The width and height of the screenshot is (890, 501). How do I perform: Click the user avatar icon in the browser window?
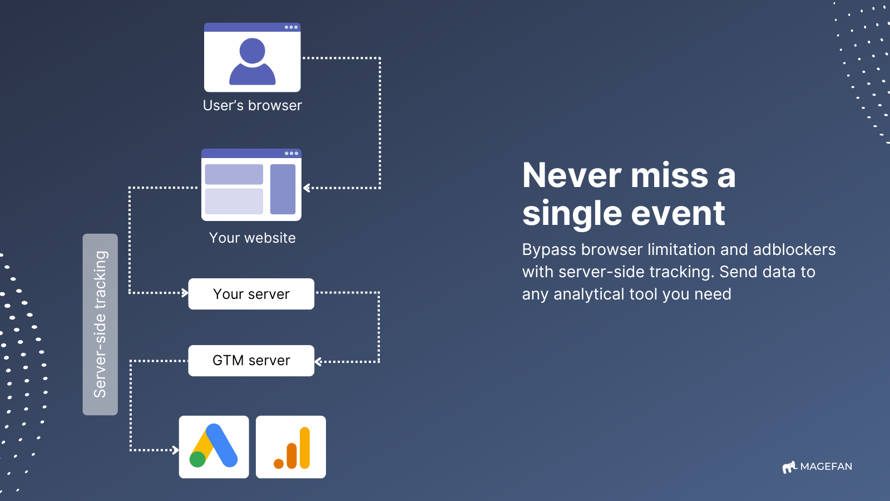pos(253,61)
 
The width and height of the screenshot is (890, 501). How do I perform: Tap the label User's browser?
pos(253,105)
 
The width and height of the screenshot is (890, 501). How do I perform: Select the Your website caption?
pos(253,238)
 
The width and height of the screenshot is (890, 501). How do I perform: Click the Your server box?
pos(251,294)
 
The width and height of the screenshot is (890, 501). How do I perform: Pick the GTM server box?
pos(251,361)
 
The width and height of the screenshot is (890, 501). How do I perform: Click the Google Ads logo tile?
pos(214,447)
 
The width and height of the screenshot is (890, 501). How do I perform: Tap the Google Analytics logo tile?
pos(291,447)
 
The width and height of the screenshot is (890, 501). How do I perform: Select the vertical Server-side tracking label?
pos(100,325)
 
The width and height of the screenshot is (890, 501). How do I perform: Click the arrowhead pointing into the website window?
pos(306,188)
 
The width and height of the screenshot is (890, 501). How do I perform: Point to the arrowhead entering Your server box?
pos(185,293)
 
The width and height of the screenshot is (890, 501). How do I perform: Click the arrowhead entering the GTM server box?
pos(318,362)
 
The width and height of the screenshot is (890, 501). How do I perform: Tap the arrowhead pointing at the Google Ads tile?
pos(175,450)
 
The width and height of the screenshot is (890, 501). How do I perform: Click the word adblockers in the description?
pos(794,250)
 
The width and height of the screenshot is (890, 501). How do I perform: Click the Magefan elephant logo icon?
pos(789,467)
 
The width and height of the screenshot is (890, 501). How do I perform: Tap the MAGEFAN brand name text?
pos(826,466)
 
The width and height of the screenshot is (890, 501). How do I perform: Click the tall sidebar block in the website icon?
pos(283,189)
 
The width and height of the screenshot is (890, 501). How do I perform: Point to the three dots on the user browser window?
pos(291,27)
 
